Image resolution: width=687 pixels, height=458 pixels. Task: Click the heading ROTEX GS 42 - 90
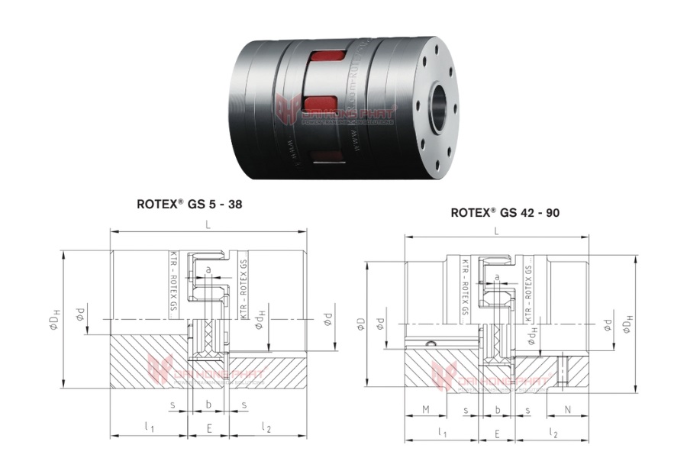pos(505,213)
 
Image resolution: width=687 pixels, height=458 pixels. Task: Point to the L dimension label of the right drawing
pos(497,231)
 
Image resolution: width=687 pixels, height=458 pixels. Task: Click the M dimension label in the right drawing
pos(424,410)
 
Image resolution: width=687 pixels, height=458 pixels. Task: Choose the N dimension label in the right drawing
pos(567,410)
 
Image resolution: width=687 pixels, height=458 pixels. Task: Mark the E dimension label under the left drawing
pos(208,429)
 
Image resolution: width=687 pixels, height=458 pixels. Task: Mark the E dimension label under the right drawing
pos(497,433)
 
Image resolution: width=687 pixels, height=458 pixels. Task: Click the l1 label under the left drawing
pos(149,427)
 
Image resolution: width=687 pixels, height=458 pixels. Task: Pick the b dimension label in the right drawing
pos(497,410)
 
